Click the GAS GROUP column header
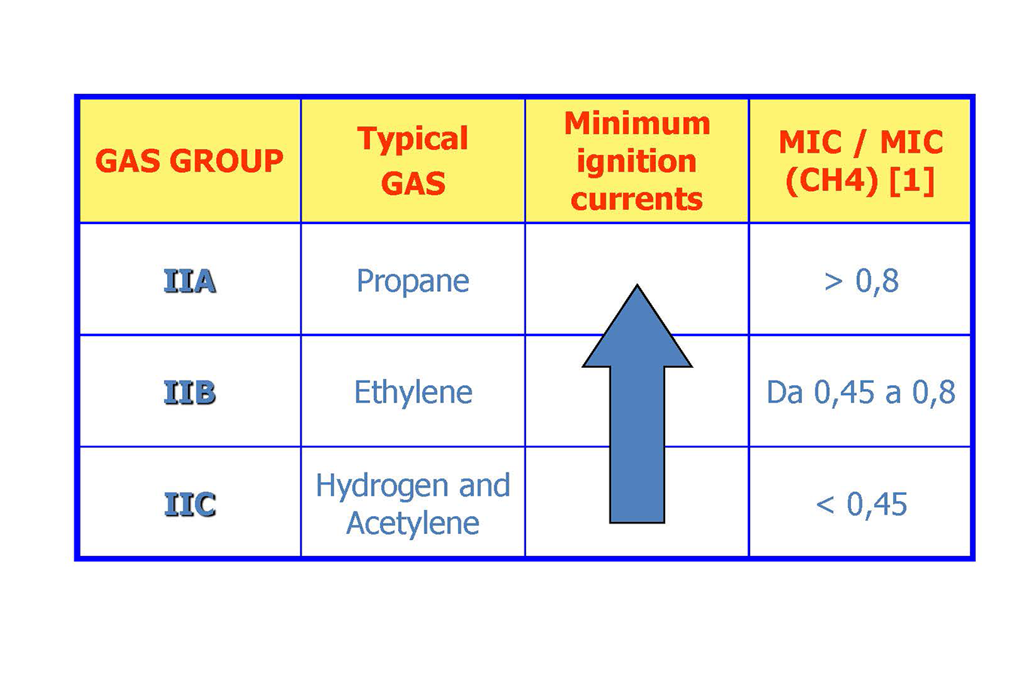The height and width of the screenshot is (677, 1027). [x=190, y=161]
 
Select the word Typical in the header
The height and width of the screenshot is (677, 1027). [x=412, y=138]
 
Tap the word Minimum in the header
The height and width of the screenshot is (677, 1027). [x=637, y=124]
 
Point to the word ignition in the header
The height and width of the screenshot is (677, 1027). [x=637, y=162]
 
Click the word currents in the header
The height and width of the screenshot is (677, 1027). [x=637, y=199]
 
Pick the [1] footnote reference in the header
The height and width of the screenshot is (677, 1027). [x=912, y=181]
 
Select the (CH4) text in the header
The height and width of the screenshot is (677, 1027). [x=831, y=181]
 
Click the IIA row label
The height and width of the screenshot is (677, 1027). [x=190, y=281]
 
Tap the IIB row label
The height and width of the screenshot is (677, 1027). [x=190, y=393]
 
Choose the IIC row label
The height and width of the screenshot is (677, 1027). [x=190, y=504]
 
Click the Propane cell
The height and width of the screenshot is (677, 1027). [x=413, y=281]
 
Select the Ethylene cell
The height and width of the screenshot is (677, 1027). [x=413, y=393]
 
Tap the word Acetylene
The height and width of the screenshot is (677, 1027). [x=412, y=524]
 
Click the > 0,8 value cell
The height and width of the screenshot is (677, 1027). [x=861, y=281]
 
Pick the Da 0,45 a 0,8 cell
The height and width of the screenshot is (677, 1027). [x=861, y=393]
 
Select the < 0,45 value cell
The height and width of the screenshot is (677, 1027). [x=861, y=504]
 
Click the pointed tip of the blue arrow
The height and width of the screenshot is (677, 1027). [x=637, y=285]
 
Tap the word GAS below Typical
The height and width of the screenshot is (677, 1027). [x=413, y=184]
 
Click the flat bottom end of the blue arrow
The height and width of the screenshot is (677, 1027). [x=637, y=522]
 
